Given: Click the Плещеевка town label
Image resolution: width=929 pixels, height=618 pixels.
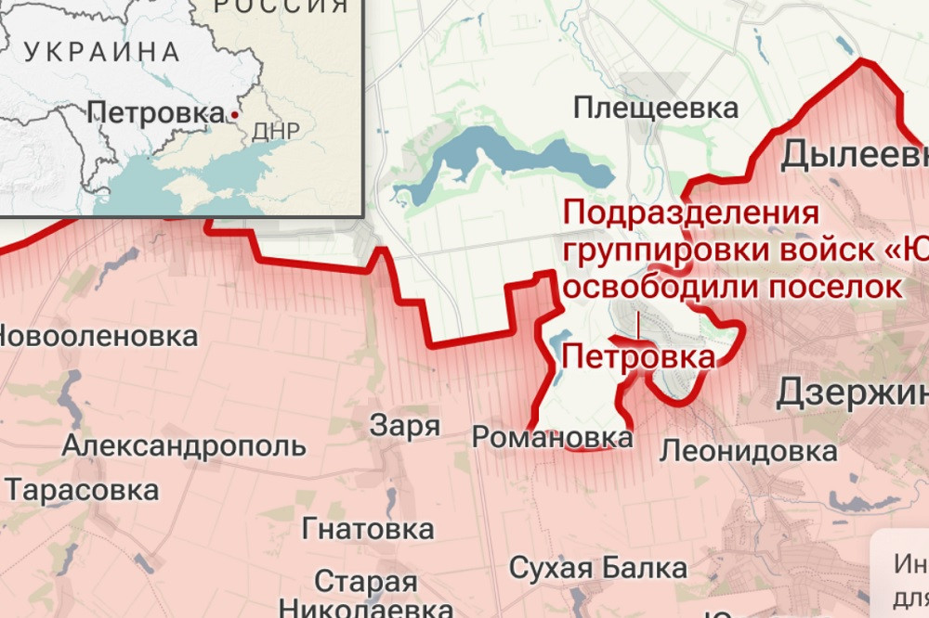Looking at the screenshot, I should (x=656, y=108).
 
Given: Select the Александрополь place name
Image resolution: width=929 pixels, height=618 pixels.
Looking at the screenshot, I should (x=184, y=445).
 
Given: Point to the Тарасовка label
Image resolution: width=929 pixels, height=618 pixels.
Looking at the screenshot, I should (x=82, y=489).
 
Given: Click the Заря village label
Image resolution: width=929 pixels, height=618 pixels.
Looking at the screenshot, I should (x=404, y=426).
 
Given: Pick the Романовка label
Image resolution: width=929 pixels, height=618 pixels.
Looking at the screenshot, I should (x=552, y=436).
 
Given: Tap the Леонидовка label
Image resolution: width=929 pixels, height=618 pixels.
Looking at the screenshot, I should (x=748, y=452).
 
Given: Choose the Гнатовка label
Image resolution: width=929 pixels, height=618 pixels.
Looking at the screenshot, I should (x=368, y=529).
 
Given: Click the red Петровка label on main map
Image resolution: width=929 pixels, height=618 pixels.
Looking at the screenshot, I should (x=638, y=356).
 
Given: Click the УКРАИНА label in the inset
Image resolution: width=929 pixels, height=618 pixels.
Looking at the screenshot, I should (x=102, y=52).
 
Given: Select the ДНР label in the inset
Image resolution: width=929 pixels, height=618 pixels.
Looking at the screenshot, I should (x=275, y=132).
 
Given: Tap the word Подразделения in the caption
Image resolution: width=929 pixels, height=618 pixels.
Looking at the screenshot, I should (x=691, y=213).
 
